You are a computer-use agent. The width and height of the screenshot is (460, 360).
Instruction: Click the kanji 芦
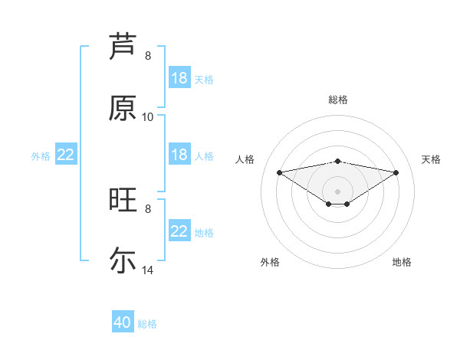coord(123,45)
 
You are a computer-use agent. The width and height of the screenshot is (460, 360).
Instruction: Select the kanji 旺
coord(123,200)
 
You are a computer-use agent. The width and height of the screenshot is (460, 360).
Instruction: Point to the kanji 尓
coord(123,260)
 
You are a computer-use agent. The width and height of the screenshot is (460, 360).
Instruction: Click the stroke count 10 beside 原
coord(148,117)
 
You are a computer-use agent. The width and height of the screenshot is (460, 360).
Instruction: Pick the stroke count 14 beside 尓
coord(148,270)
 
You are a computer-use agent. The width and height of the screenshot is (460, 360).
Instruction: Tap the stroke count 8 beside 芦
coord(148,56)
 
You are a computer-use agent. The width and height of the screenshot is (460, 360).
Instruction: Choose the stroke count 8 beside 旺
coord(148,208)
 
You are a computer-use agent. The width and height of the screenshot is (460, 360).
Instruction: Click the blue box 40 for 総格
coord(123,322)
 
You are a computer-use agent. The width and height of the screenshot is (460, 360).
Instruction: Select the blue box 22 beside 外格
coord(66,155)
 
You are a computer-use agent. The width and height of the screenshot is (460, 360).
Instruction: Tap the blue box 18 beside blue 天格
coord(179,78)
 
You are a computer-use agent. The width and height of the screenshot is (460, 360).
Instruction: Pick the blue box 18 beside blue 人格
coord(179,155)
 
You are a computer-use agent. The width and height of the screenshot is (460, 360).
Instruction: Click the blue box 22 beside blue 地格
coord(179,231)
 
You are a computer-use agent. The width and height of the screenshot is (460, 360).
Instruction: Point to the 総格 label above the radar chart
coord(338,100)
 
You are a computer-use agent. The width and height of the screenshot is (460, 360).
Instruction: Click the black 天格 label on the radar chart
coord(432,159)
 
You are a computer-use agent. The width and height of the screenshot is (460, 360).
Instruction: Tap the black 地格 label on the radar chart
coord(402,262)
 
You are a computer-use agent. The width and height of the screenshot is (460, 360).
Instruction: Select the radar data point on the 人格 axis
coord(279,172)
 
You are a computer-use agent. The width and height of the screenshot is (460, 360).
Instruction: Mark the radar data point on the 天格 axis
coord(396,172)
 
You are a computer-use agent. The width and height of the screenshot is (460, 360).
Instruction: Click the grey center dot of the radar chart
coord(338,191)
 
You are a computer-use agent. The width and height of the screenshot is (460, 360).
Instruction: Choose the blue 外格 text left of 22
coord(41,155)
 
